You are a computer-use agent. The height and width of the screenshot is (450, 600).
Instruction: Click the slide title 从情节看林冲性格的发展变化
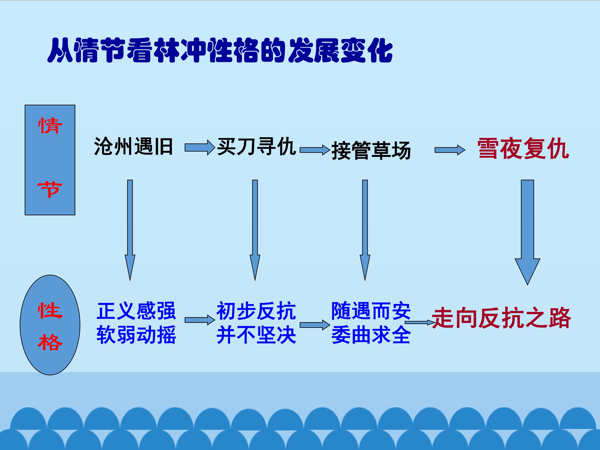tap(220, 50)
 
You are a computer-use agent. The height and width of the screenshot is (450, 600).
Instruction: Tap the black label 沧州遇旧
tap(134, 146)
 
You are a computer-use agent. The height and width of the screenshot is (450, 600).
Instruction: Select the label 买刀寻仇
tap(256, 146)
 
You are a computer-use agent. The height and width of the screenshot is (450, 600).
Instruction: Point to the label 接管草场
tap(371, 151)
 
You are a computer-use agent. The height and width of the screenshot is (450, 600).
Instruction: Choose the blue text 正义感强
tap(136, 311)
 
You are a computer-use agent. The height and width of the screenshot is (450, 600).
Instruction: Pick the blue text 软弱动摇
tap(136, 335)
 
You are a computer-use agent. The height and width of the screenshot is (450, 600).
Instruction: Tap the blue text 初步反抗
tap(256, 311)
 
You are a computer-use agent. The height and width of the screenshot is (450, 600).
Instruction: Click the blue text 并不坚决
tap(256, 335)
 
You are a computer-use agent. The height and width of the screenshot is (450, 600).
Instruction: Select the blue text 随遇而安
tap(371, 311)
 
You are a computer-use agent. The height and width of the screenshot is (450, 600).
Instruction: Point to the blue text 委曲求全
tap(371, 335)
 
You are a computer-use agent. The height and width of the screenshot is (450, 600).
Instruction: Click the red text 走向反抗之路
tap(501, 318)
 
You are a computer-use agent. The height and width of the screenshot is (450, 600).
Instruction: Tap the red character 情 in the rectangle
tap(50, 126)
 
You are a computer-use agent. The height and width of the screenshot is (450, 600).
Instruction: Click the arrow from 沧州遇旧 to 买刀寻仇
tap(200, 147)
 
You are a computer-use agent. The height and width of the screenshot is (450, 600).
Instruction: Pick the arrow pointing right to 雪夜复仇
tap(450, 150)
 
